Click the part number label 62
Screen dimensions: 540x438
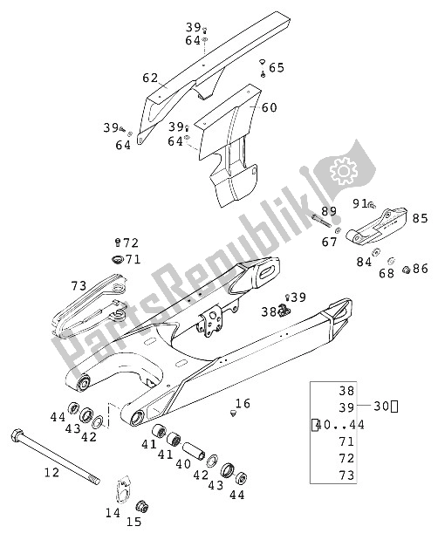(150, 78)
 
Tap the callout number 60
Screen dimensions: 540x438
(270, 108)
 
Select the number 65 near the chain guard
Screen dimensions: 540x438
(276, 67)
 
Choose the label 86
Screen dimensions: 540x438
(421, 268)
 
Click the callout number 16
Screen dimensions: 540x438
(243, 403)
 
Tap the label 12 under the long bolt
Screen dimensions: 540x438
(51, 473)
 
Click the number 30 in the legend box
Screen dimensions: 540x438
(381, 405)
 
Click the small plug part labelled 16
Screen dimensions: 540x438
(233, 414)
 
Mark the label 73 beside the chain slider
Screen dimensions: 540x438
(79, 285)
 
